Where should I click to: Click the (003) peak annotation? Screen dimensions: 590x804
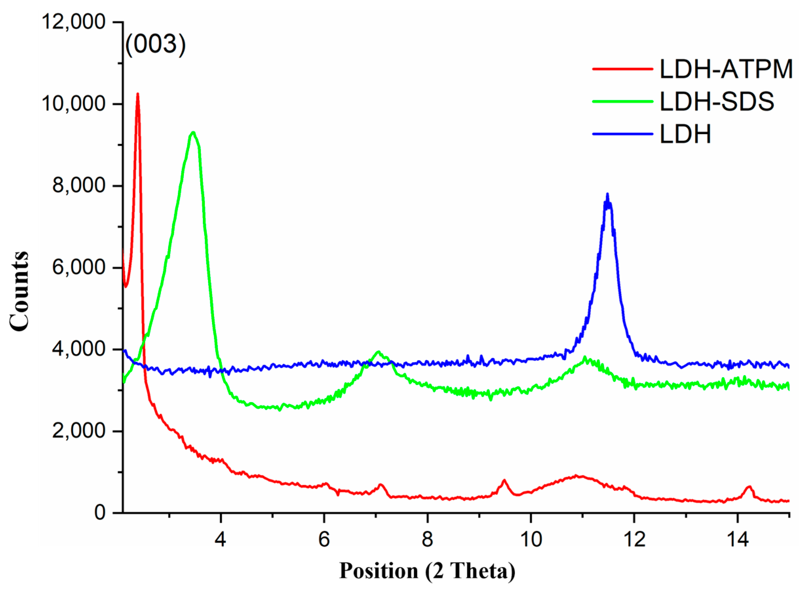[156, 45]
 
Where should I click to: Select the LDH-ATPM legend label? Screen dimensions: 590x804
[726, 69]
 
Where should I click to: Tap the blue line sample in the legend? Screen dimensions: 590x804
[622, 134]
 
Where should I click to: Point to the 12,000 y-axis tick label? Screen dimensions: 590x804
[73, 22]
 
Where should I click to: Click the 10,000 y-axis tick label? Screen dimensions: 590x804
[73, 104]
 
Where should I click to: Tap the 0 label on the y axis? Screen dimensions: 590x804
[100, 513]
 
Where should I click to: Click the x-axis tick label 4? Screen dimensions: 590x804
[220, 539]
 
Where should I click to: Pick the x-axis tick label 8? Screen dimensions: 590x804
[427, 539]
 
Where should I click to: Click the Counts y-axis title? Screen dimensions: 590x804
[19, 291]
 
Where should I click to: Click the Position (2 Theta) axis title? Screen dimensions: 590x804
[427, 571]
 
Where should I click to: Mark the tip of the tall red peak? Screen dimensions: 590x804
[137, 94]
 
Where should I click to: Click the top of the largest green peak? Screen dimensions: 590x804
[193, 132]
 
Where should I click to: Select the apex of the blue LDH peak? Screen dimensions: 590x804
[607, 194]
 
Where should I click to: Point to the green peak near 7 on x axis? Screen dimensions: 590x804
[379, 352]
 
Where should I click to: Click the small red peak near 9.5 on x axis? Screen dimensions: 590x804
[504, 480]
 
